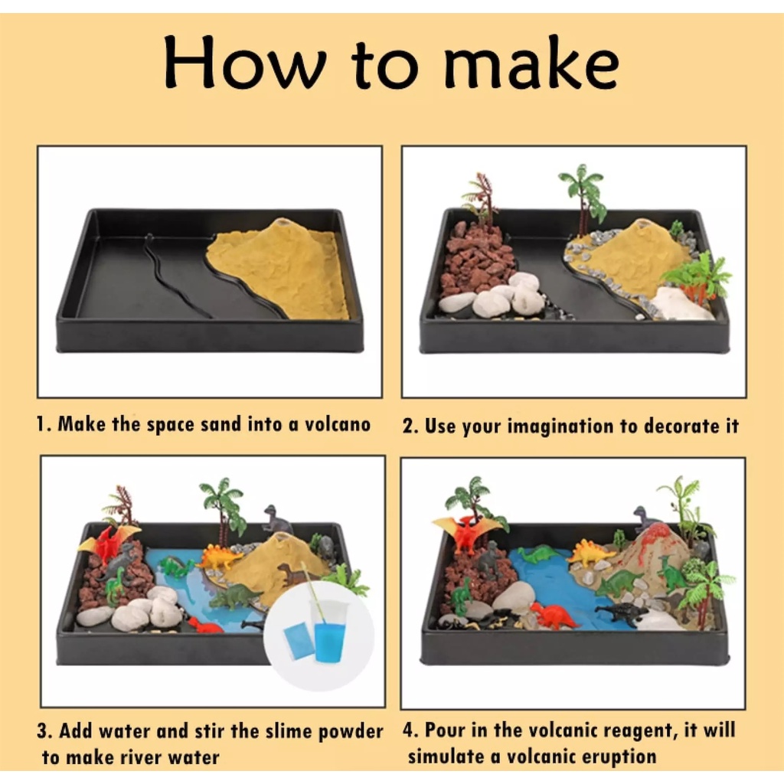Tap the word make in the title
[x=532, y=62]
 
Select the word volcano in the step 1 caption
[x=338, y=424]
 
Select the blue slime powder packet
[x=299, y=641]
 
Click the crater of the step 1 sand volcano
[x=283, y=221]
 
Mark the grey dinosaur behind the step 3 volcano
[x=276, y=519]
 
